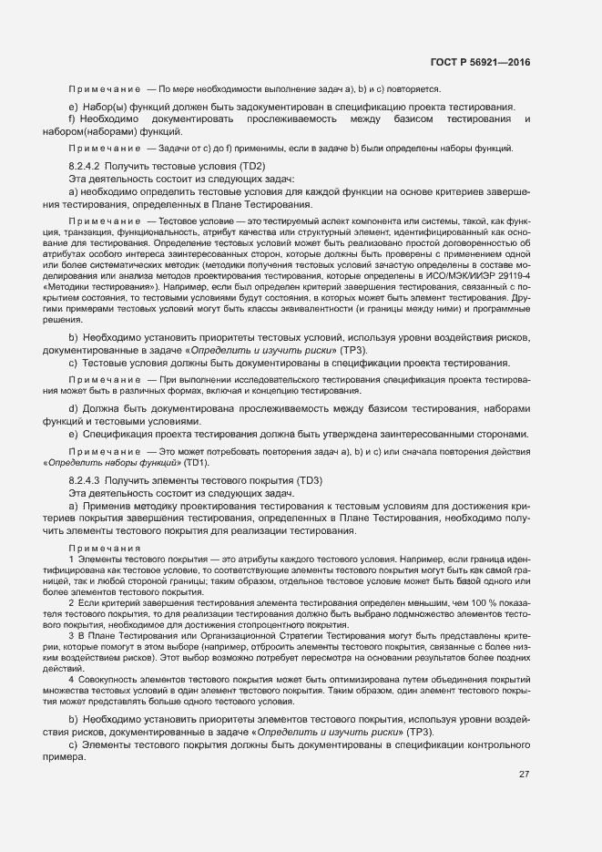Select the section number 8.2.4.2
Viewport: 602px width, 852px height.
pos(87,167)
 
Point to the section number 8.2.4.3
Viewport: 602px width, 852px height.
pos(87,479)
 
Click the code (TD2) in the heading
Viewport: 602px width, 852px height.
pos(252,167)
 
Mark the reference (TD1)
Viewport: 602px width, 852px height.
pos(194,462)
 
